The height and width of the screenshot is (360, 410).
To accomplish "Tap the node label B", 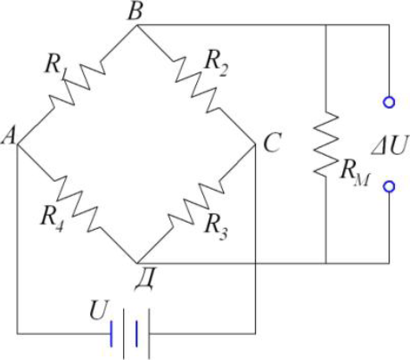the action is pos(135,12).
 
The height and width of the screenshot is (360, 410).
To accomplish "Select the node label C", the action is pos(272,143).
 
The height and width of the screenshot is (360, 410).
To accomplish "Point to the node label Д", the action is pos(144,280).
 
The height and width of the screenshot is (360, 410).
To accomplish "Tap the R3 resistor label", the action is pos(216,225).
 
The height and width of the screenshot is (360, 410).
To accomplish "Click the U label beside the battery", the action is pos(99,310).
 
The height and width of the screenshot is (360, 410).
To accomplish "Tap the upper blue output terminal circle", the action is pos(389,102).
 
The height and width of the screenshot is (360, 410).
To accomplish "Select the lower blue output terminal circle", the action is pos(389,186).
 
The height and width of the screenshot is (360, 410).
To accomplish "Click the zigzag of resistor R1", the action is pos(77,84).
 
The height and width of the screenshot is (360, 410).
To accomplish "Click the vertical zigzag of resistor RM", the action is pos(326,143).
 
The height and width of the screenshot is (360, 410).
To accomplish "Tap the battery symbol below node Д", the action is pos(130,333).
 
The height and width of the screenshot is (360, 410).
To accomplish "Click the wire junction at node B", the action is pos(136,26).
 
